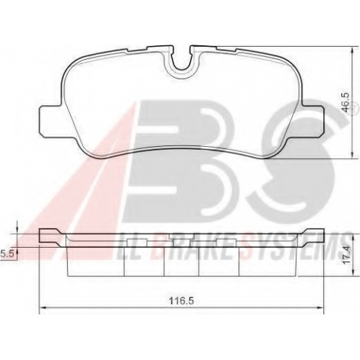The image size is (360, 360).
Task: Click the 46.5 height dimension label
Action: (x=346, y=102)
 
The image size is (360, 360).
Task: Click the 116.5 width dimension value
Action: (x=181, y=300)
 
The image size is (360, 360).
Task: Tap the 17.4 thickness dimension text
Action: (x=346, y=256)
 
